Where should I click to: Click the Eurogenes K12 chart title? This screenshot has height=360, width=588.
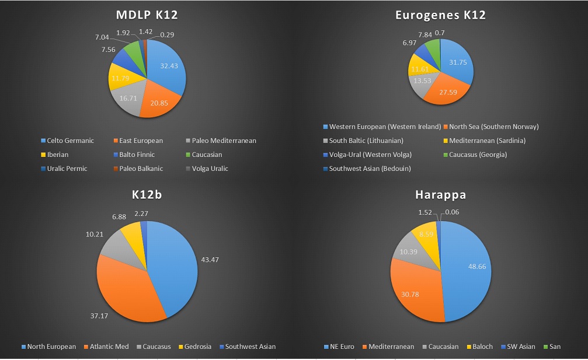440,16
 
